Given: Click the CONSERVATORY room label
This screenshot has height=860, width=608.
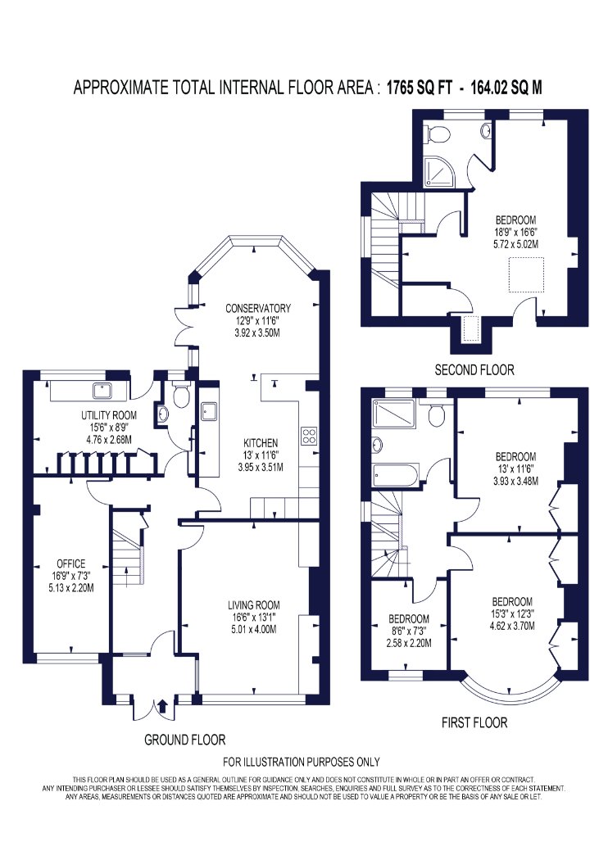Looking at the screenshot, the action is pos(258,308).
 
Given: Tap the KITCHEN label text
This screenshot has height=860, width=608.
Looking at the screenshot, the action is pos(261,442).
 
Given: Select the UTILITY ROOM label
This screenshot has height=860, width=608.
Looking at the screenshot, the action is pos(109,415).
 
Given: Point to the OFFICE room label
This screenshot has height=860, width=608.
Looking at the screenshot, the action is pos(71,564).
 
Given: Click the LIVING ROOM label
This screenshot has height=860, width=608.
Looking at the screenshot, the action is pos(254,605).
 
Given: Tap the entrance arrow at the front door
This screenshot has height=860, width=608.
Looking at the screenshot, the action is pos(162,705).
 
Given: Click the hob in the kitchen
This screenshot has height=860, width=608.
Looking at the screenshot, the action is pos(309,435).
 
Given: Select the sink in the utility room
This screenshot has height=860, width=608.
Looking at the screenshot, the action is pos(102,391).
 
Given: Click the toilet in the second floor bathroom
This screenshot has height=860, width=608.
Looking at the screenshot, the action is pos(438,132).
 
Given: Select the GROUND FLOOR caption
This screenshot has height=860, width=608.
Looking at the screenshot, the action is pos(185,740).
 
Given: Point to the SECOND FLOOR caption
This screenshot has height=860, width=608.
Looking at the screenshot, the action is pos(474,369).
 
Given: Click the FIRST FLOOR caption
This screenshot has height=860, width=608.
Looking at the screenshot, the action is pos(474,722).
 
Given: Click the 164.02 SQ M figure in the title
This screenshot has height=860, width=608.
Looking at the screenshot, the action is pos(506,87).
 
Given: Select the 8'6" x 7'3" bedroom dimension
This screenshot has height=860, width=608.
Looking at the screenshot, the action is pos(409,631).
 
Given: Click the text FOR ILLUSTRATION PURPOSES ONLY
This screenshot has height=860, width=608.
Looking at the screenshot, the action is pos(302,761).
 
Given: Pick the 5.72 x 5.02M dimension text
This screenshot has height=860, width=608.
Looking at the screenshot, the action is pos(515,244).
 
